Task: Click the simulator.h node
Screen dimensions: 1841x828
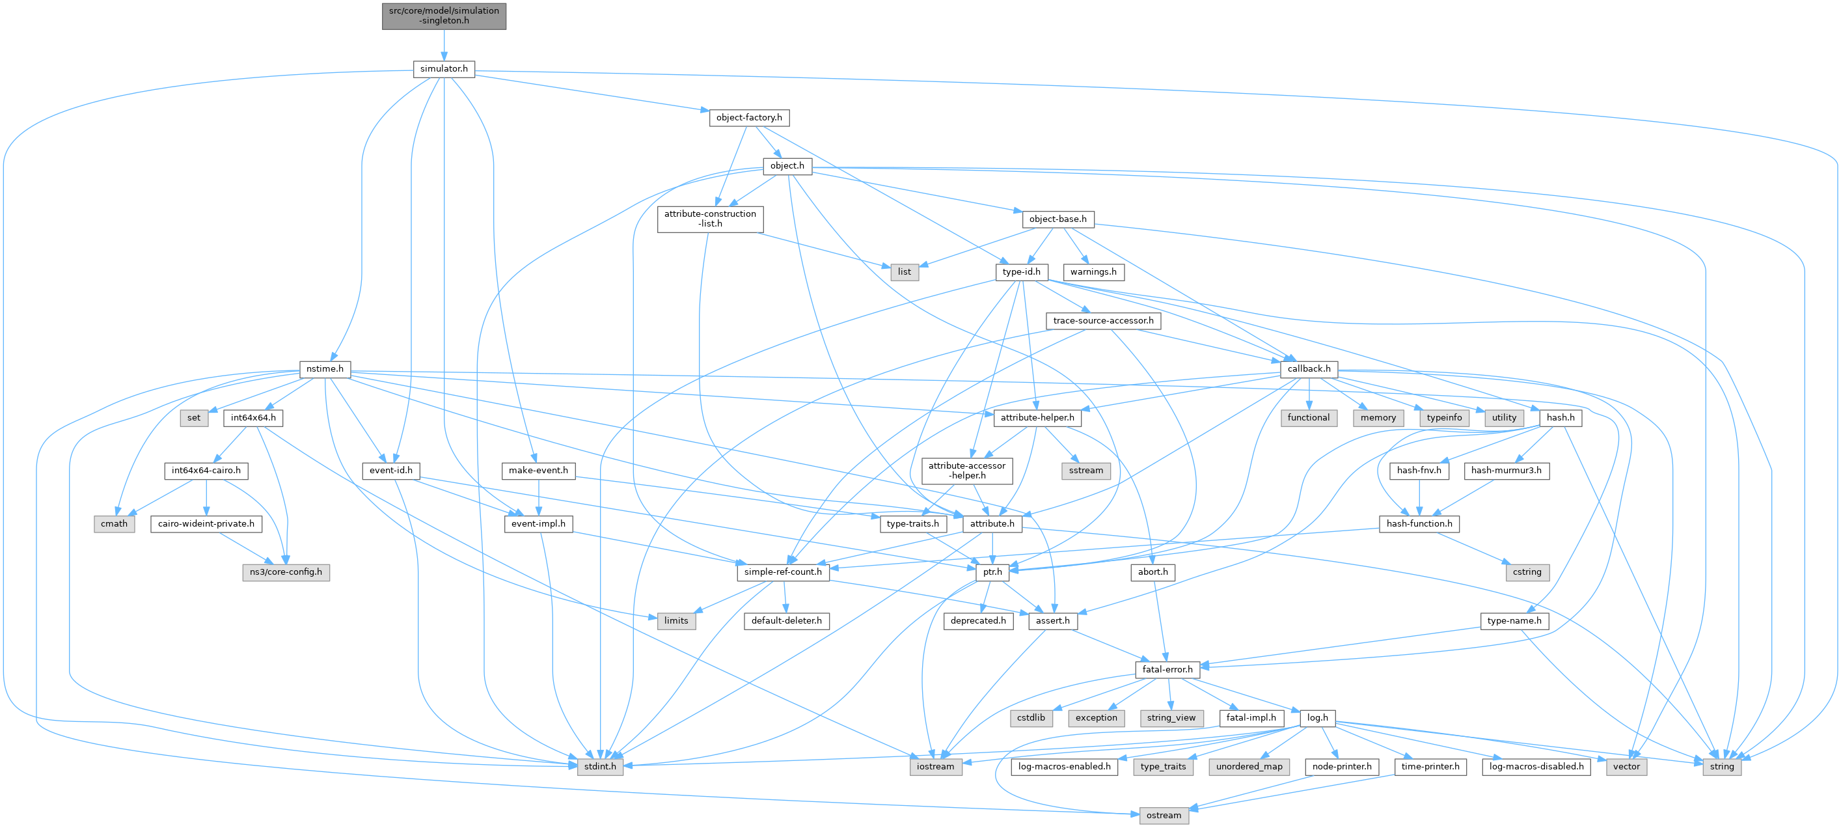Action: (444, 68)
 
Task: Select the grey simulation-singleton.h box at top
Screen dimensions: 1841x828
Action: (444, 16)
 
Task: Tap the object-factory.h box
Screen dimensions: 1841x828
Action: (749, 117)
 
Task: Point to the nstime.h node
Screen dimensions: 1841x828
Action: (325, 369)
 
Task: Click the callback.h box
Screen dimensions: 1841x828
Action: (1309, 369)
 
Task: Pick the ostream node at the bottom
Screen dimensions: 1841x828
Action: (1164, 815)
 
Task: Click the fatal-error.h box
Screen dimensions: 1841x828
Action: (1167, 669)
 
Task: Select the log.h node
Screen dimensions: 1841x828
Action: (1317, 718)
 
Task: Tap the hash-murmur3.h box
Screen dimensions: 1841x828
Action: (1507, 471)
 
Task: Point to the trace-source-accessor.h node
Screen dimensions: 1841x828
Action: (1104, 320)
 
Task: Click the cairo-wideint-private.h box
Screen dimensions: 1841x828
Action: (206, 523)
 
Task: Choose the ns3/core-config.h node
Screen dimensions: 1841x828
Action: (286, 572)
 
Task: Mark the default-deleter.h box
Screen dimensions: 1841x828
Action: (786, 620)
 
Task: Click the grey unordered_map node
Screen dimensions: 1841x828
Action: (1249, 767)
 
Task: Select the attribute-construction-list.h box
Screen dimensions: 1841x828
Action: (711, 219)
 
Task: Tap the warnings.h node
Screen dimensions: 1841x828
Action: (1093, 271)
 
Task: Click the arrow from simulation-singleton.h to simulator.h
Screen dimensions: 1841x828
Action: (444, 45)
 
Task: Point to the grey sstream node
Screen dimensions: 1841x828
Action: (1086, 471)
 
